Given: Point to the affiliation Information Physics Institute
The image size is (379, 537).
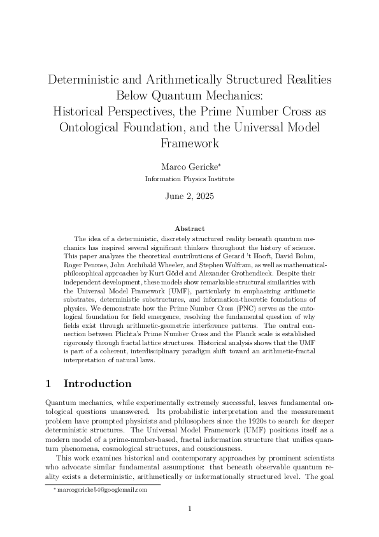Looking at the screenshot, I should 189,179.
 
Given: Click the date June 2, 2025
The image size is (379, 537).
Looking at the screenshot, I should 189,197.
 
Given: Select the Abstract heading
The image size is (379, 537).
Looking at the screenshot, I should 189,228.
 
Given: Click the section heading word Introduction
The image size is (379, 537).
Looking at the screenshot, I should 98,384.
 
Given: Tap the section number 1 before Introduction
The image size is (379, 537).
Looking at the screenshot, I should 48,384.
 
